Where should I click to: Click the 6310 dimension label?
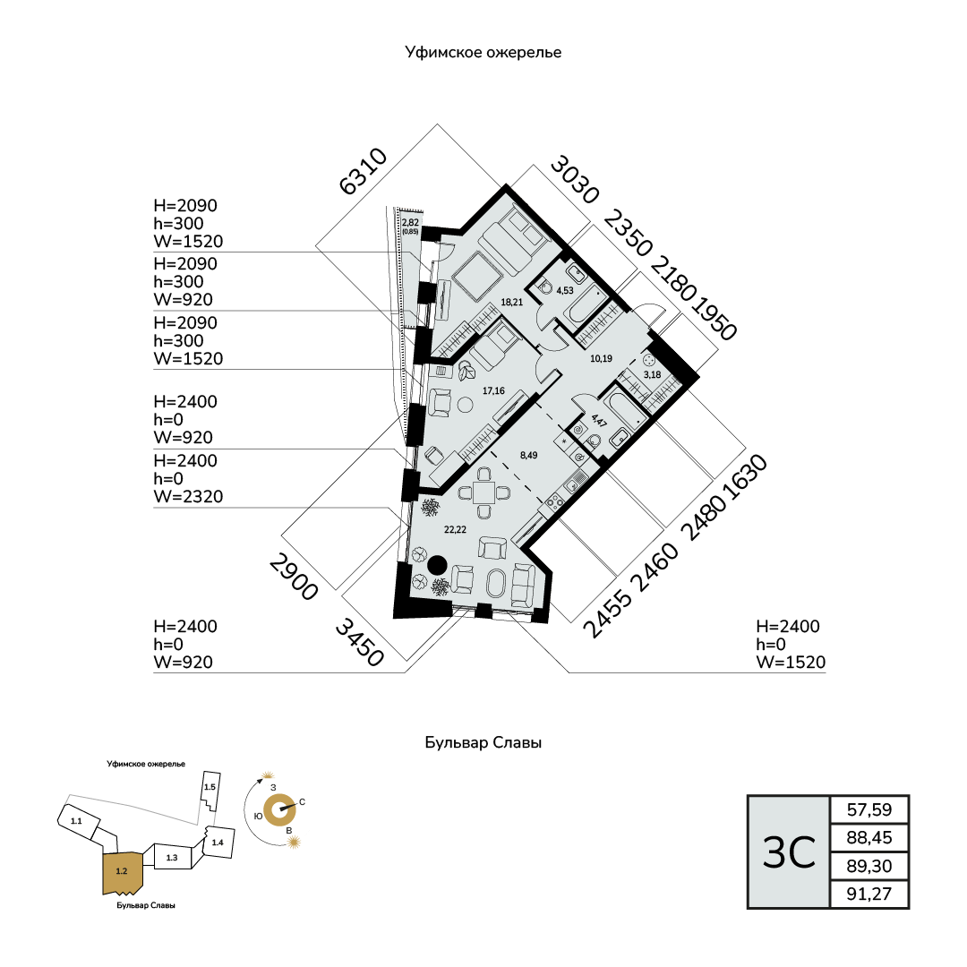364,171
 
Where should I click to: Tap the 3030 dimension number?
575,179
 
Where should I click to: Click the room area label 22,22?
455,529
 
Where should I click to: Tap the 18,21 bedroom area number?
512,303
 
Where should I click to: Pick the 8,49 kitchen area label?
528,455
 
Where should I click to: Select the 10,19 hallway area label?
601,358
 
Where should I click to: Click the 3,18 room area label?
652,374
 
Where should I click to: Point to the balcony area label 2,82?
410,223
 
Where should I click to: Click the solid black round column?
437,565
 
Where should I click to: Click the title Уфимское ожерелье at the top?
483,53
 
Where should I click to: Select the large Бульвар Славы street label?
483,742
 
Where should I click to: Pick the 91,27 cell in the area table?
869,894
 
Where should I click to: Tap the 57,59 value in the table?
869,809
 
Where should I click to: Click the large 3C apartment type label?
789,853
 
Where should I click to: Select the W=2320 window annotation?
188,496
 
